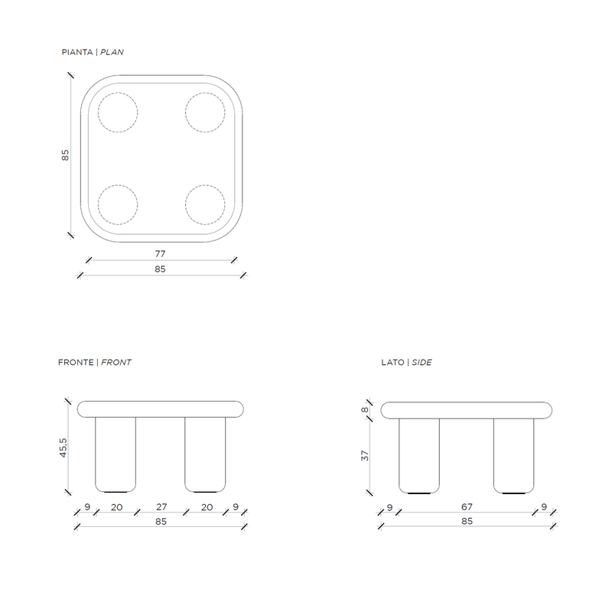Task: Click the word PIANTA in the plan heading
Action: pyautogui.click(x=77, y=52)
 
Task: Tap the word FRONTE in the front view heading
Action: pyautogui.click(x=76, y=363)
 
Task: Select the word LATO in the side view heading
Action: pyautogui.click(x=392, y=363)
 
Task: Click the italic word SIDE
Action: pyautogui.click(x=422, y=363)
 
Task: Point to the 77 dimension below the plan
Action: pyautogui.click(x=161, y=254)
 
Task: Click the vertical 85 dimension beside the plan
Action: pyautogui.click(x=65, y=155)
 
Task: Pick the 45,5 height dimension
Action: pyautogui.click(x=63, y=448)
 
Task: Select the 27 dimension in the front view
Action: pyautogui.click(x=161, y=507)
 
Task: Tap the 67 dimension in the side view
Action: pyautogui.click(x=467, y=507)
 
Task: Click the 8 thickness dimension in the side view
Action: pyautogui.click(x=365, y=410)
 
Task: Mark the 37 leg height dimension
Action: pyautogui.click(x=365, y=455)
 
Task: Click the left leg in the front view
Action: pyautogui.click(x=116, y=454)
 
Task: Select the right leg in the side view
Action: pyautogui.click(x=513, y=456)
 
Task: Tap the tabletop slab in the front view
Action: pyautogui.click(x=161, y=409)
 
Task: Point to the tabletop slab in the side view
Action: pyautogui.click(x=467, y=410)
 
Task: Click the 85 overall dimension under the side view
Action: pyautogui.click(x=467, y=522)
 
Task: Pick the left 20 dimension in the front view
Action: pyautogui.click(x=117, y=507)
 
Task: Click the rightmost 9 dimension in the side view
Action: pyautogui.click(x=544, y=507)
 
